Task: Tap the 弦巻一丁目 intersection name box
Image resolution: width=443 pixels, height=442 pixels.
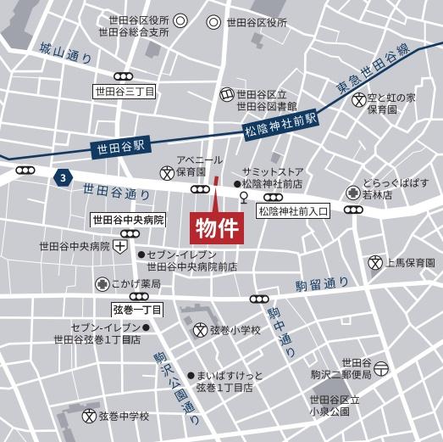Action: tap(137, 309)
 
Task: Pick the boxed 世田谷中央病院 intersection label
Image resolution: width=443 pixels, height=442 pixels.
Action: tap(128, 220)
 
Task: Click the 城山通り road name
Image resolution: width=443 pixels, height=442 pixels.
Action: tap(65, 53)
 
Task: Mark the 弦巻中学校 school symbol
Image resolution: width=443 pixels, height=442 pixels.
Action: tap(88, 417)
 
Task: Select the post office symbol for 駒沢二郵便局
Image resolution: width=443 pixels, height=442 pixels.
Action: tap(383, 368)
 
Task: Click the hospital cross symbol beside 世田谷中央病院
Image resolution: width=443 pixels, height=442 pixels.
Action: tap(123, 247)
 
